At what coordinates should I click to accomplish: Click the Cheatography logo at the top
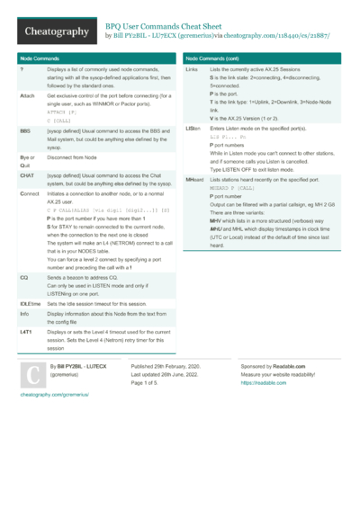click(55, 32)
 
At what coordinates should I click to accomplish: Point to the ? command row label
click(21, 69)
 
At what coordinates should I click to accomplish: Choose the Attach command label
click(27, 94)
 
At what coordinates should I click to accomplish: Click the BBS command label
click(25, 130)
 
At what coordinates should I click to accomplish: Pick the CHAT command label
click(27, 176)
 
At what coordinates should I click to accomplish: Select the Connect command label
click(30, 194)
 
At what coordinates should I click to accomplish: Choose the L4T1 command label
click(26, 332)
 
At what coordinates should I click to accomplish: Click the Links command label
click(191, 69)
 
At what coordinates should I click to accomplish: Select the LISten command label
click(193, 129)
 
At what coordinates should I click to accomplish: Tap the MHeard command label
click(194, 181)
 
